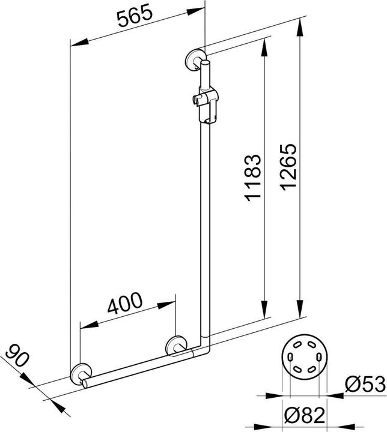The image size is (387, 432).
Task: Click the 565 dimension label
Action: [x=135, y=19]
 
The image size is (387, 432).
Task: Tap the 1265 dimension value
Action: [x=288, y=167]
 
